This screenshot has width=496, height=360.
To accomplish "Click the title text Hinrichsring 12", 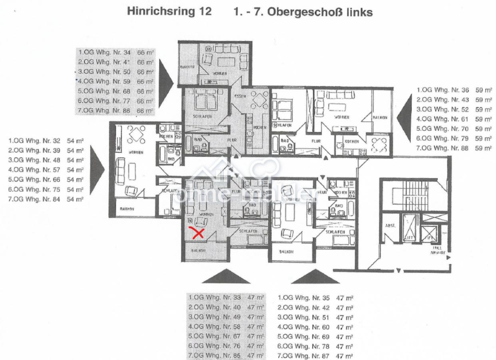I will [x=169, y=12].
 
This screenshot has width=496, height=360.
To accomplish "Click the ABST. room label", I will [x=390, y=225].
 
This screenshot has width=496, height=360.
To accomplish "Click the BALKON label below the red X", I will [x=198, y=251].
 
